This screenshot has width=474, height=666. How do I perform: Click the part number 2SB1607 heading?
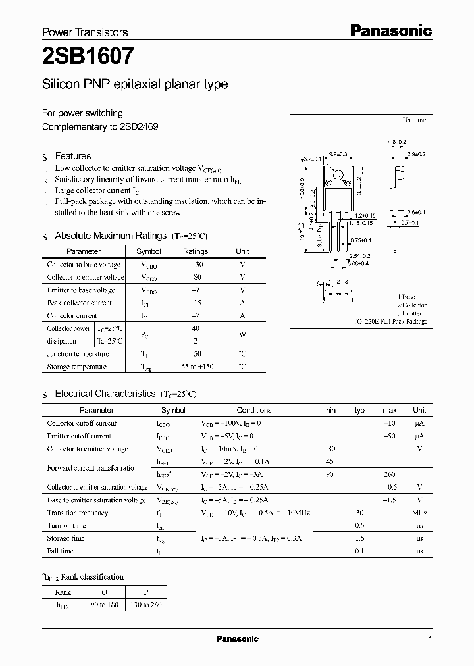pyautogui.click(x=89, y=57)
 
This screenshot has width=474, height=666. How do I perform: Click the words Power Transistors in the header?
pyautogui.click(x=85, y=32)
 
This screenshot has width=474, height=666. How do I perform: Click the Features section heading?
pyautogui.click(x=72, y=156)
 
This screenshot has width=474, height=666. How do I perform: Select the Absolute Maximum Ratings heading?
pyautogui.click(x=110, y=236)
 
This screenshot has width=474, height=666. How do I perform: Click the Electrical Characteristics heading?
pyautogui.click(x=105, y=394)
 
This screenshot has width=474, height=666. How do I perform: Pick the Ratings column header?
pyautogui.click(x=195, y=251)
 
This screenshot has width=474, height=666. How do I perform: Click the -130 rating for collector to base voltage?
pyautogui.click(x=196, y=265)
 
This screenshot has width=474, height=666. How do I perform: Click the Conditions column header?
pyautogui.click(x=253, y=410)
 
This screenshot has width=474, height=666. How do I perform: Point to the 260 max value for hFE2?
pyautogui.click(x=389, y=474)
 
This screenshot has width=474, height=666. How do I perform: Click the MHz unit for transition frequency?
pyautogui.click(x=419, y=513)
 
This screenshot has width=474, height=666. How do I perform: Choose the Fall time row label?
pyautogui.click(x=61, y=551)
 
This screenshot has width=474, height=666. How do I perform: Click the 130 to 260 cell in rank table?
pyautogui.click(x=146, y=605)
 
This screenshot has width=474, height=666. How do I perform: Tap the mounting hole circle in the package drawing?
pyautogui.click(x=338, y=176)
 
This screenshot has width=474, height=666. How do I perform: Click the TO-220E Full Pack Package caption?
pyautogui.click(x=390, y=322)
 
